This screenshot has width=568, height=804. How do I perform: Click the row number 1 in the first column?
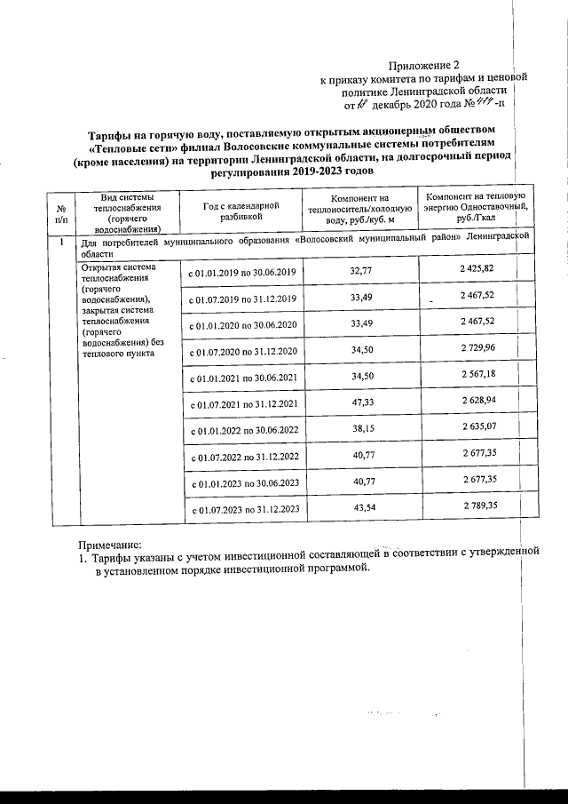(x=60, y=242)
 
